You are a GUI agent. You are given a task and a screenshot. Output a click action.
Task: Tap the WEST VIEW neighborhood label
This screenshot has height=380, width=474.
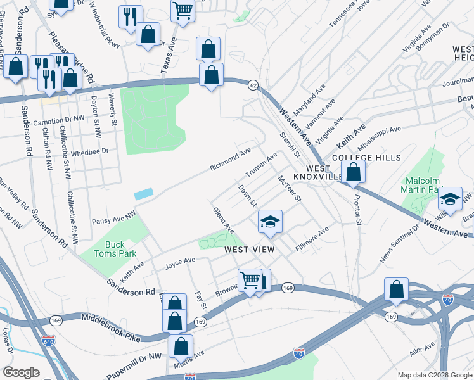250,250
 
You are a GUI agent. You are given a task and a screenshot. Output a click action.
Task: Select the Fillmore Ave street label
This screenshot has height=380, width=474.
312,240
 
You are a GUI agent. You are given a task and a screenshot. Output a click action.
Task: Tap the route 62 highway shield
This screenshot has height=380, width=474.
253,85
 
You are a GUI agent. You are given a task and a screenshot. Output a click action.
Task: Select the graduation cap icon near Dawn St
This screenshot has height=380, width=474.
270,222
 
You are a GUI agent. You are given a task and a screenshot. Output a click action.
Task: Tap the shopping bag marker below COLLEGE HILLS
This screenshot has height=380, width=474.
353,171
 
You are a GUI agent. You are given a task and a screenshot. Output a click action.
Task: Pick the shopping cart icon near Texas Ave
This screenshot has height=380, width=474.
183,11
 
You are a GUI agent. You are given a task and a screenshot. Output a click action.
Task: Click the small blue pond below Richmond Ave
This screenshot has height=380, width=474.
143,194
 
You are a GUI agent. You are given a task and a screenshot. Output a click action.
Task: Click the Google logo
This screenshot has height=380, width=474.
20,372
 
